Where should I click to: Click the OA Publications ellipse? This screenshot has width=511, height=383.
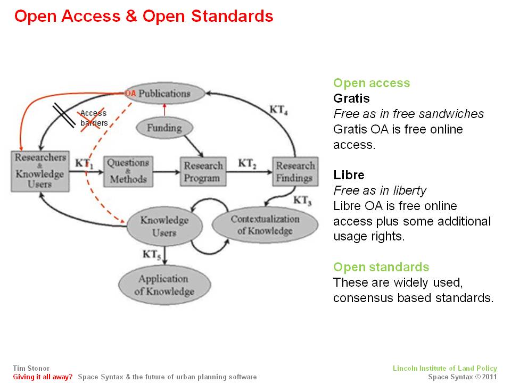pos(164,94)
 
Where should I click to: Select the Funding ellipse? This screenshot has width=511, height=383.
pos(164,128)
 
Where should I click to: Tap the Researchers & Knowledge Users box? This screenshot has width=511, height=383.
pos(40,171)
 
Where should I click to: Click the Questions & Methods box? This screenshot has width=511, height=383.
pos(128,171)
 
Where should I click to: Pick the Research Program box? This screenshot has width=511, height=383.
pos(203,172)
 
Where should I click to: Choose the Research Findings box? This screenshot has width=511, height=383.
pos(295,172)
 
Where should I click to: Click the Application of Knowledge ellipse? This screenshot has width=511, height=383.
pos(164,285)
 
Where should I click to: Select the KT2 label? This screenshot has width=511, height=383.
pos(248,164)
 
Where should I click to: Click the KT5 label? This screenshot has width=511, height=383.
pos(151,255)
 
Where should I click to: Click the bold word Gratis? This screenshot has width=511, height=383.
pos(351,98)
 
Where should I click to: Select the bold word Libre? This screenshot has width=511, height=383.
pos(348,174)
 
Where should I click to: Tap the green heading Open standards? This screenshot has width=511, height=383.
pos(381,267)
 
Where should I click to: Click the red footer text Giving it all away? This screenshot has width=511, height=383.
pos(43,377)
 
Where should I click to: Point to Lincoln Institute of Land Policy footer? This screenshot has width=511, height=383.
pos(444,368)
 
